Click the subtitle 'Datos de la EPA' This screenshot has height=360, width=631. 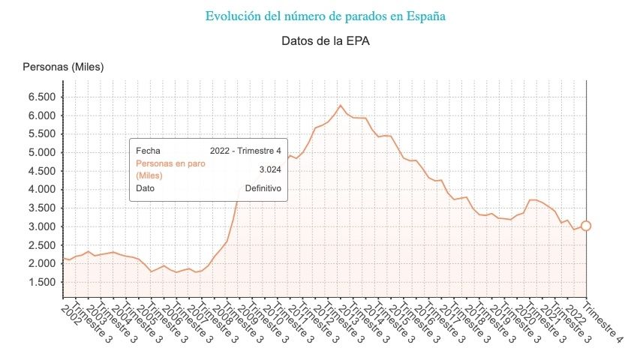point(325,40)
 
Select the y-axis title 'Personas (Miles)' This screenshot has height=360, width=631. point(63,67)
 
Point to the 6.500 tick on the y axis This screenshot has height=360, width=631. point(42,97)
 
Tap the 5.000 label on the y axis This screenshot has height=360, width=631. point(42,152)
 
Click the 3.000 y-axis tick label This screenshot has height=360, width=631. point(42,226)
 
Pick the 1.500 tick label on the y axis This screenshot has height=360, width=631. point(42,282)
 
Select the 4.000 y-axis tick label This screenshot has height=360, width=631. point(42,189)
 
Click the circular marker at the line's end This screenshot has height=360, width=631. point(586,226)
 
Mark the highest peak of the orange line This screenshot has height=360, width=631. point(341,105)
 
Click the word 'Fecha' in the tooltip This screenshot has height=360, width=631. point(148,151)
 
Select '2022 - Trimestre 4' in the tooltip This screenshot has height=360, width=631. point(246,151)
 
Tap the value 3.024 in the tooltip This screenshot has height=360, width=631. point(269,169)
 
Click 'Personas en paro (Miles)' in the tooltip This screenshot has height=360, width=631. point(164,169)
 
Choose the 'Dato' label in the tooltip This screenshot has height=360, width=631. point(145,188)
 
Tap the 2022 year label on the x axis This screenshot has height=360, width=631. point(572,312)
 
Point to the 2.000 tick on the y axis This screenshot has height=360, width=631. point(42,263)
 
